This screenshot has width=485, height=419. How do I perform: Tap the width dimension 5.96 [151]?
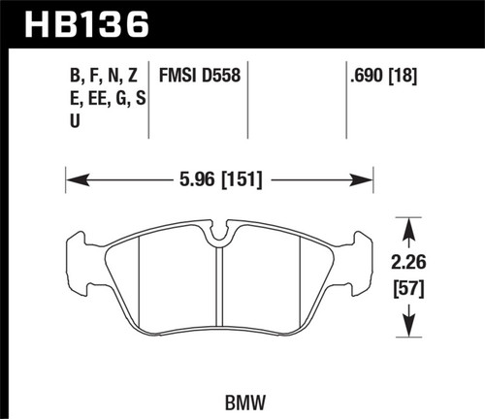218,179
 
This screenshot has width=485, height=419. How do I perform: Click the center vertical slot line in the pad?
221,291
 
